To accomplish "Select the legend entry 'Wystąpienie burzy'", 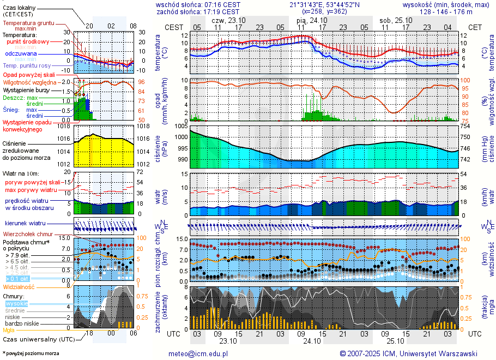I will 25,89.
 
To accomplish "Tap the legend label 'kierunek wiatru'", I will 25,224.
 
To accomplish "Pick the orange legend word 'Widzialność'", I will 19,286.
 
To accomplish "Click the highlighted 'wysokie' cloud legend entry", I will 16,303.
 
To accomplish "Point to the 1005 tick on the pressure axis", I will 182,127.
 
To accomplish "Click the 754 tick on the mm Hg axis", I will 465,127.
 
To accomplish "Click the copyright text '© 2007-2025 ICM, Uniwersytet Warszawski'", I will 408,353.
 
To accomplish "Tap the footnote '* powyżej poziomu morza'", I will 31,353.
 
